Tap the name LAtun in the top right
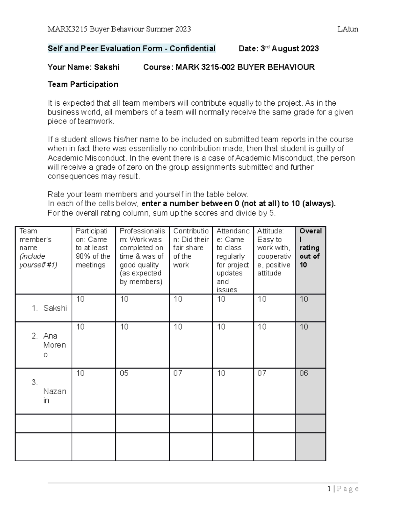(x=347, y=29)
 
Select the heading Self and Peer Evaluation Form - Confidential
(x=131, y=49)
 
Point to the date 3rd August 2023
(x=289, y=49)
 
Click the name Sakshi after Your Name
(x=107, y=67)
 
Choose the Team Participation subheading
(x=83, y=84)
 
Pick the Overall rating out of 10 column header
(x=310, y=248)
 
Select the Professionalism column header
(x=142, y=256)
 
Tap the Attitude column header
(x=274, y=252)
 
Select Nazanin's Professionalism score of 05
(x=124, y=373)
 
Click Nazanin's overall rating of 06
(x=304, y=373)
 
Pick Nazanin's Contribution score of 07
(x=178, y=373)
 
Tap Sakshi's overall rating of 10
(x=304, y=299)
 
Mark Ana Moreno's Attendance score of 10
(x=221, y=327)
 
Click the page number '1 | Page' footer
(x=343, y=489)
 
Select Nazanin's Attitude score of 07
(x=262, y=373)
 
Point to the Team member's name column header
(x=38, y=248)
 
